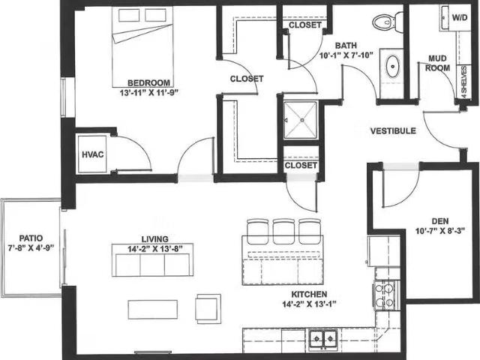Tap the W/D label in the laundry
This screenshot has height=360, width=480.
[x=458, y=16]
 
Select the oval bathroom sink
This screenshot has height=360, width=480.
[x=392, y=67]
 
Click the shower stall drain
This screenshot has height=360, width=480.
[x=301, y=118]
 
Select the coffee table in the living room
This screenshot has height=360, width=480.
[x=152, y=309]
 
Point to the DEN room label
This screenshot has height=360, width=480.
[x=439, y=221]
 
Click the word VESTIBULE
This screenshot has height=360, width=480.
[x=393, y=131]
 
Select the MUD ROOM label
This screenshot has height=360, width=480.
[x=439, y=63]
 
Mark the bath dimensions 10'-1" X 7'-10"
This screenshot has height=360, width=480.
[x=346, y=55]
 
